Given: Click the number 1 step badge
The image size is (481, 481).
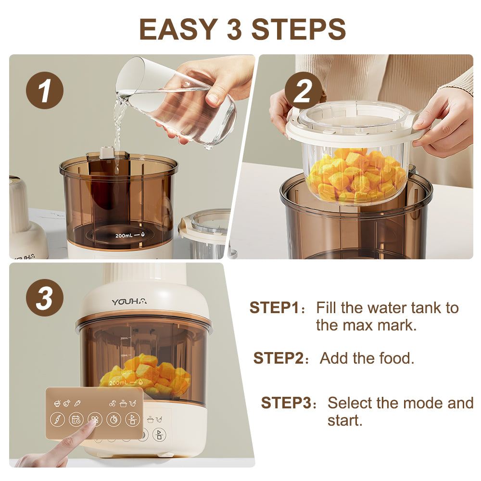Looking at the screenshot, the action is click(45, 90).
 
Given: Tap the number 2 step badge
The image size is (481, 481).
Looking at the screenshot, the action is click(303, 90).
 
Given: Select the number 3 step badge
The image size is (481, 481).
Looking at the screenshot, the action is click(45, 298).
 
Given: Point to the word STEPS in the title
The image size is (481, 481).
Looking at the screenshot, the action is click(299, 29).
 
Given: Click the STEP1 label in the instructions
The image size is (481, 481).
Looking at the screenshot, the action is click(274, 307).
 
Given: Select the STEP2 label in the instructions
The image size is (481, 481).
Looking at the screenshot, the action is click(278, 358).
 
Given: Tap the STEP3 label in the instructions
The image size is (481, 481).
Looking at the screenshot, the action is click(286, 403).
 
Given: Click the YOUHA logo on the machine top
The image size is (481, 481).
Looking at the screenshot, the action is click(129, 302).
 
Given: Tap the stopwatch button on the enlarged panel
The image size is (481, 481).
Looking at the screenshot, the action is click(114, 419).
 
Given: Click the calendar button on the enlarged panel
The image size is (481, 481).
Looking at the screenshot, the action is click(76, 419).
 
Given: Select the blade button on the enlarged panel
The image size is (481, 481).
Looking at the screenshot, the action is click(57, 419).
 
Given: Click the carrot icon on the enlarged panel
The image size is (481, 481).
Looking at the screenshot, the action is click(77, 403).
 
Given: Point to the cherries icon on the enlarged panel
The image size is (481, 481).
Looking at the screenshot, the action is click(113, 404).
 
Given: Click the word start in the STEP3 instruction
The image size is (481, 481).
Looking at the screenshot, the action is click(345, 421).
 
